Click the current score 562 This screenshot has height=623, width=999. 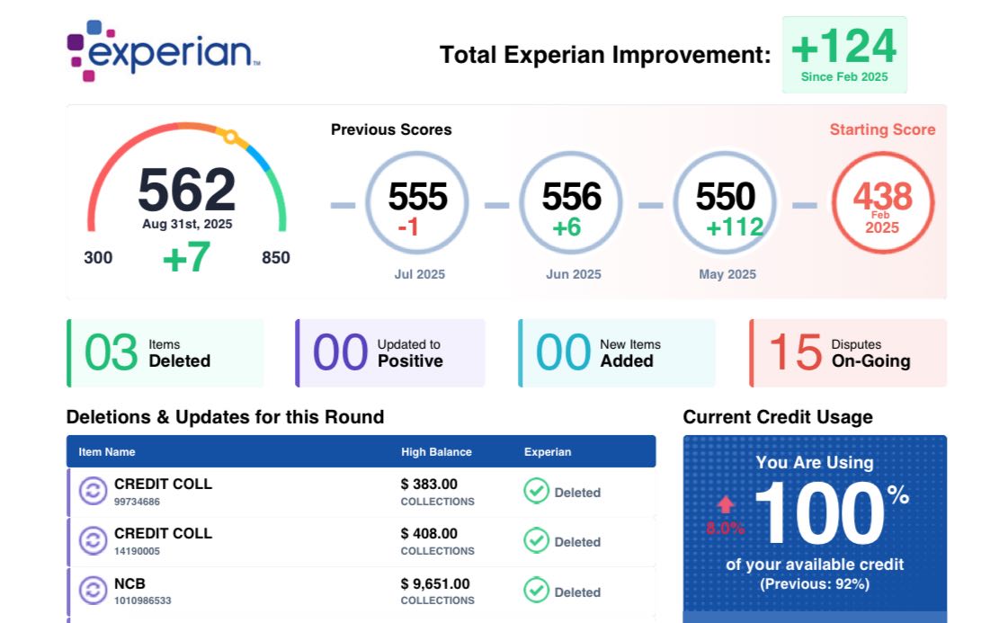pyautogui.click(x=186, y=191)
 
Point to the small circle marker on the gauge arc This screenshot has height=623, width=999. pyautogui.click(x=230, y=138)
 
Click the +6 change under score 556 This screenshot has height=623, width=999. pyautogui.click(x=566, y=227)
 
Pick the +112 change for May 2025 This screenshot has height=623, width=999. pyautogui.click(x=734, y=227)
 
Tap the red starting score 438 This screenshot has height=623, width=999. pyautogui.click(x=882, y=197)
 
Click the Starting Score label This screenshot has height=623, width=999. pyautogui.click(x=882, y=129)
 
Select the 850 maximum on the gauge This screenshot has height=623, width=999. pyautogui.click(x=276, y=258)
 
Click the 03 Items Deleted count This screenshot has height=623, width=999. pyautogui.click(x=111, y=352)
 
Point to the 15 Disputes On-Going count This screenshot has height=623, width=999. pyautogui.click(x=795, y=352)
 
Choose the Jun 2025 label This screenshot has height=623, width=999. pyautogui.click(x=573, y=274)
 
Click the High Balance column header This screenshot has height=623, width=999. pyautogui.click(x=436, y=452)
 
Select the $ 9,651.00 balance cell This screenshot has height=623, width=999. pyautogui.click(x=435, y=584)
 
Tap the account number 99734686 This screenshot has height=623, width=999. pyautogui.click(x=137, y=502)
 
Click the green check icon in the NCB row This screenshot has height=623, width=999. pyautogui.click(x=537, y=591)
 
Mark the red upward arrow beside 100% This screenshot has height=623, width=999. pyautogui.click(x=726, y=505)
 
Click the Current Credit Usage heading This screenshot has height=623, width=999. pyautogui.click(x=778, y=417)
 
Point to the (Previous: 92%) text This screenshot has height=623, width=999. pyautogui.click(x=815, y=583)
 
